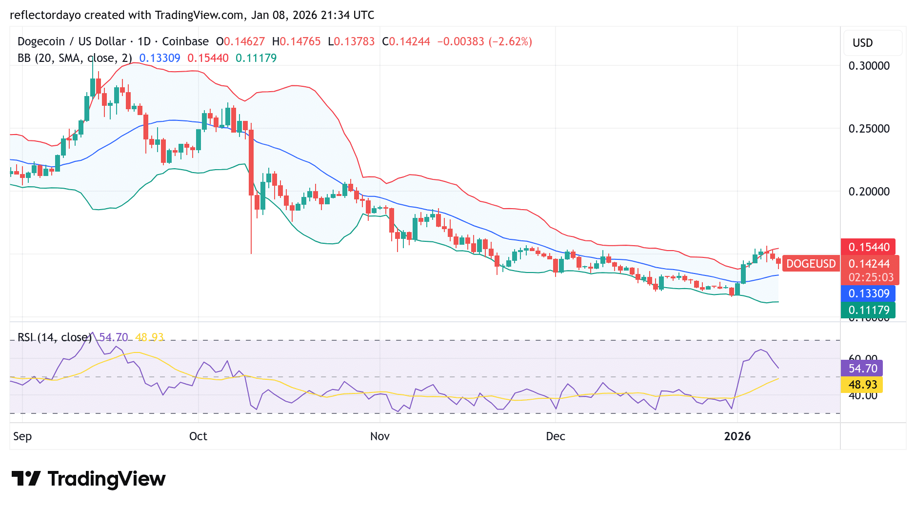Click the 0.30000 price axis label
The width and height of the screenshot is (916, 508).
click(x=869, y=66)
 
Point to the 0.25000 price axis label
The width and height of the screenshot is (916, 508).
click(x=869, y=129)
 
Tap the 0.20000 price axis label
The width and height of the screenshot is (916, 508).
click(x=869, y=192)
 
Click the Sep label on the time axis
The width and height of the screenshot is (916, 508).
click(x=22, y=436)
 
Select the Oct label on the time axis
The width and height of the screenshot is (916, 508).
click(x=198, y=436)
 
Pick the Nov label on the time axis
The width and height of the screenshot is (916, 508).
click(x=379, y=436)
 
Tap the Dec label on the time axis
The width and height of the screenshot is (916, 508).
click(x=556, y=436)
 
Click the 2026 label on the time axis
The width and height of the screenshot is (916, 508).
click(x=737, y=436)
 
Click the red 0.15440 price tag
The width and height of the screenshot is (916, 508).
click(x=869, y=247)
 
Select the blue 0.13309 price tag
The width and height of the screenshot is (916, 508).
click(x=869, y=293)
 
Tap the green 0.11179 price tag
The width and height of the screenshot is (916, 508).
click(x=869, y=310)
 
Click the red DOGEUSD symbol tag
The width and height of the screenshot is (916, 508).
click(x=811, y=264)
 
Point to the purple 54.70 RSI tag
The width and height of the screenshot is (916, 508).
click(x=862, y=369)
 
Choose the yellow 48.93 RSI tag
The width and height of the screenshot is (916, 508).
click(x=862, y=385)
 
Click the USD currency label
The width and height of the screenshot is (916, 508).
click(x=862, y=43)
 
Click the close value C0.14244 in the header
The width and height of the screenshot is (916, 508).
click(x=406, y=41)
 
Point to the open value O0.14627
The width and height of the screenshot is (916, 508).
click(x=240, y=41)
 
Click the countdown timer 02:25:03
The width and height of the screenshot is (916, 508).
click(x=871, y=277)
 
